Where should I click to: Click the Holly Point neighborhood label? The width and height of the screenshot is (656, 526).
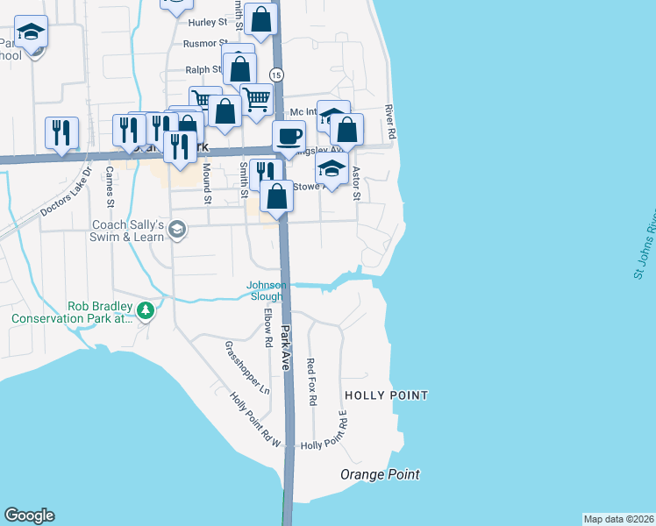click(386, 395)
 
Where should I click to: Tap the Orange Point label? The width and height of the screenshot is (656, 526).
click(380, 474)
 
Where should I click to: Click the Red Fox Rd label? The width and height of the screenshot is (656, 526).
click(311, 380)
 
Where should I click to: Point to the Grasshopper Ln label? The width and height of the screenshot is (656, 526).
click(246, 366)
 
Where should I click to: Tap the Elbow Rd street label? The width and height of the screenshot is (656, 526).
click(267, 325)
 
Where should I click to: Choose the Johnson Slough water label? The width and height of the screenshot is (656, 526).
click(267, 290)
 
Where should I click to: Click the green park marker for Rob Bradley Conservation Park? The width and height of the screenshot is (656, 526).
click(146, 309)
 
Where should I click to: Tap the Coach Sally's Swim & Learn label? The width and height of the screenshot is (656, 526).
click(129, 230)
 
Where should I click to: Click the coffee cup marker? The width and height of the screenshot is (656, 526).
click(288, 136)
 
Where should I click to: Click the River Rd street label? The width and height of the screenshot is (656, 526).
click(390, 122)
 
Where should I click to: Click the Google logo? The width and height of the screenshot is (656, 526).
click(29, 515)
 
